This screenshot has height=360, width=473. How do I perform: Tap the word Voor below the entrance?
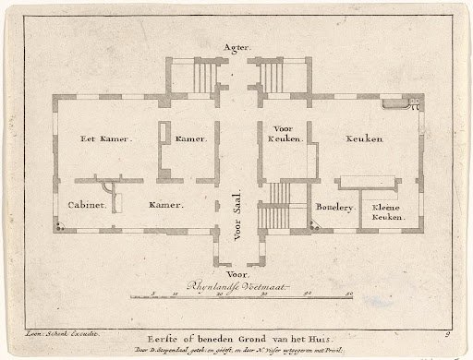click(x=236, y=273)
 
